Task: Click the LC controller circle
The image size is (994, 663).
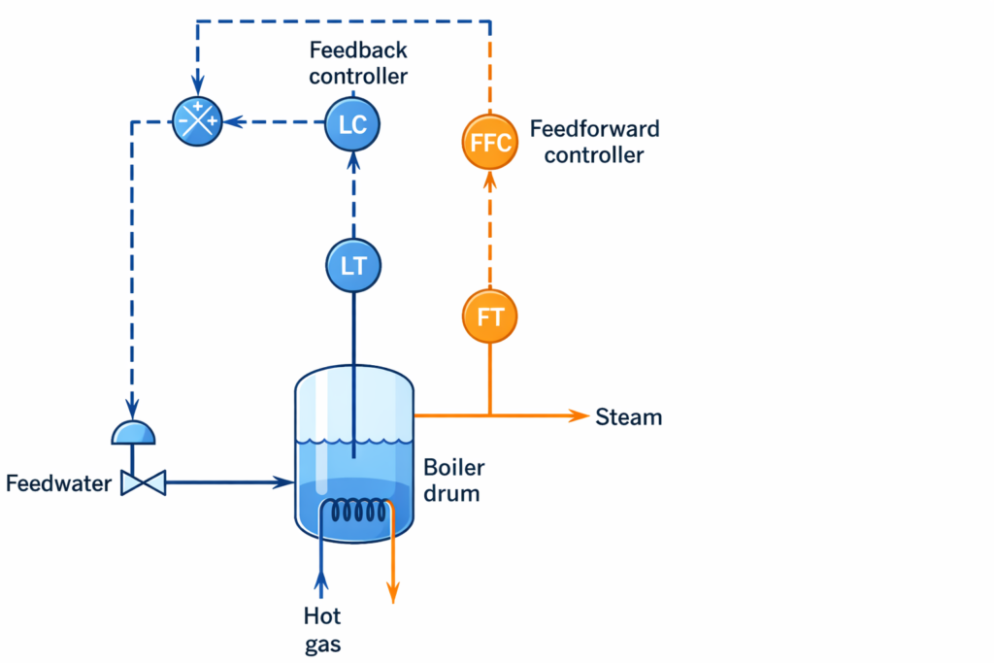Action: (351, 123)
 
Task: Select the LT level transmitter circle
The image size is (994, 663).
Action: (352, 264)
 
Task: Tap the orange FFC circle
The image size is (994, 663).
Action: (489, 143)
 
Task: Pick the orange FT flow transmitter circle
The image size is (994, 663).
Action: (489, 315)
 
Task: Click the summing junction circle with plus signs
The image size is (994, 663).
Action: (197, 122)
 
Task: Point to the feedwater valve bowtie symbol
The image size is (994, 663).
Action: (144, 481)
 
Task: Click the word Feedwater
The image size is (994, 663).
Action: (58, 482)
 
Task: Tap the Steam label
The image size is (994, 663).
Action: (629, 417)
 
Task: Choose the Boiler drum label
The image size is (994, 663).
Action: (453, 481)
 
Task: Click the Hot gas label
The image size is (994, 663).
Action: (322, 629)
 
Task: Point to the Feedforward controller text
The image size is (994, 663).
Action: (594, 142)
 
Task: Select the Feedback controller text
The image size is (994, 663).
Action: (358, 62)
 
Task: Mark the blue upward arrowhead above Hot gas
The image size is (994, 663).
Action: (321, 580)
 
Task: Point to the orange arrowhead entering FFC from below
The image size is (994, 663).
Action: (489, 182)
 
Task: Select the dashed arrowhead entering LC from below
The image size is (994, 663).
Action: (352, 161)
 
